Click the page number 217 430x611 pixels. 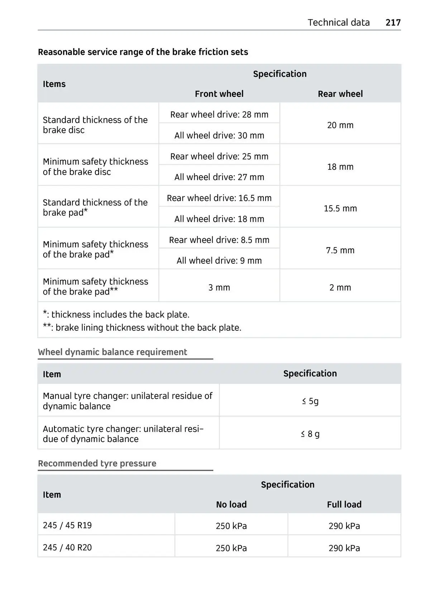point(393,23)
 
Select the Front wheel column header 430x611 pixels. point(219,94)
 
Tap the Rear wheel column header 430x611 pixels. point(340,94)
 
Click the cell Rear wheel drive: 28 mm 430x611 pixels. point(219,114)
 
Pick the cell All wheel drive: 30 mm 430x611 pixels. point(219,136)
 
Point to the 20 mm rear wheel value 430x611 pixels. point(340,125)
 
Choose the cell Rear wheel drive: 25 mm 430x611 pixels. point(219,156)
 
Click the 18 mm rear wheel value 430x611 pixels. point(340,167)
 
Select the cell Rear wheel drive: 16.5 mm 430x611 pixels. point(219,198)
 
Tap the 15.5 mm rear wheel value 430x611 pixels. point(340,208)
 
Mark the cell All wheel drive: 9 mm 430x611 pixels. point(219,260)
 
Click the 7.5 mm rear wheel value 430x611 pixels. point(340,250)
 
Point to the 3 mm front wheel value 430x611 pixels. point(219,287)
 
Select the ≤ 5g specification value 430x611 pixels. point(310,401)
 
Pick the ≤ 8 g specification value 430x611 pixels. point(310,434)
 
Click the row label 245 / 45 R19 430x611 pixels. point(67,525)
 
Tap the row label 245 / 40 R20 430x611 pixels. point(67,547)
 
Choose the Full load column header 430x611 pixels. point(344,504)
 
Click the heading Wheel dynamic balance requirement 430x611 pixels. point(113,352)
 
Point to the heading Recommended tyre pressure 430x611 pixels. point(97,463)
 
